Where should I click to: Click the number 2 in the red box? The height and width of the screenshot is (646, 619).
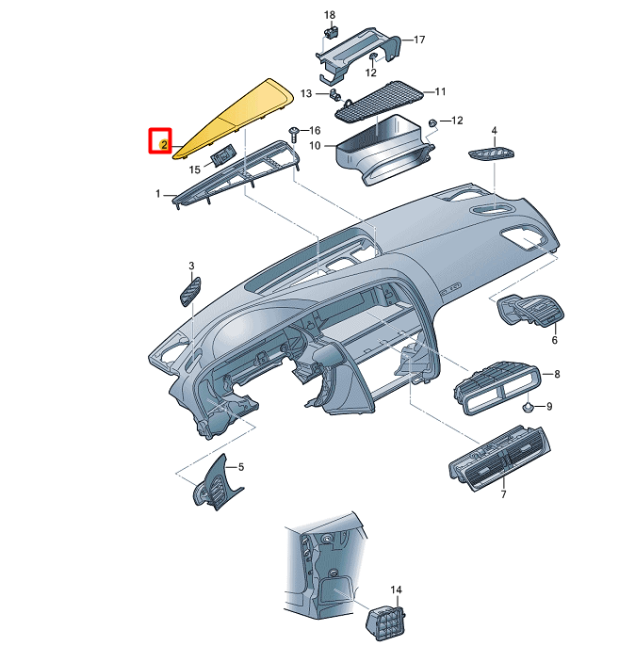163,144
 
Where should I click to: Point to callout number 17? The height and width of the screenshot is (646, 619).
419,40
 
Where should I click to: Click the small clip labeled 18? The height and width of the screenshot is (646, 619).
331,32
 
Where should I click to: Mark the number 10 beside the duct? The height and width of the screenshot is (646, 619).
316,146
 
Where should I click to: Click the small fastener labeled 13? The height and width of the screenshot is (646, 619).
336,93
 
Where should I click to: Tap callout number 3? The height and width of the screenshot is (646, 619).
191,266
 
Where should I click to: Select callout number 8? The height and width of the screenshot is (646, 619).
557,374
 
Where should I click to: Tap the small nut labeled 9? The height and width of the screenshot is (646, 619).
529,407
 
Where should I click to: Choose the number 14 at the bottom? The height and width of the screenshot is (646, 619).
397,590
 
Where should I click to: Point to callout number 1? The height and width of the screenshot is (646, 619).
158,193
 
